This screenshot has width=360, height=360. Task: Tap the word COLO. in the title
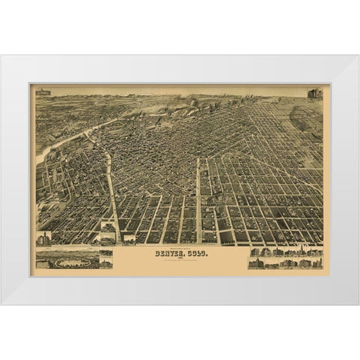pos(193,253)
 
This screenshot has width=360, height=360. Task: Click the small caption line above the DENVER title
pos(179,247)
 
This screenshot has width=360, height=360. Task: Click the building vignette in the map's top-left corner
pos(43,92)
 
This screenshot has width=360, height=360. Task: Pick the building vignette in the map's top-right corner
pos(314,94)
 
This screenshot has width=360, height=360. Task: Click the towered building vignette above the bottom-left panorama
pos(44,238)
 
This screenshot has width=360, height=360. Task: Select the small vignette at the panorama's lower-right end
pos(105,264)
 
